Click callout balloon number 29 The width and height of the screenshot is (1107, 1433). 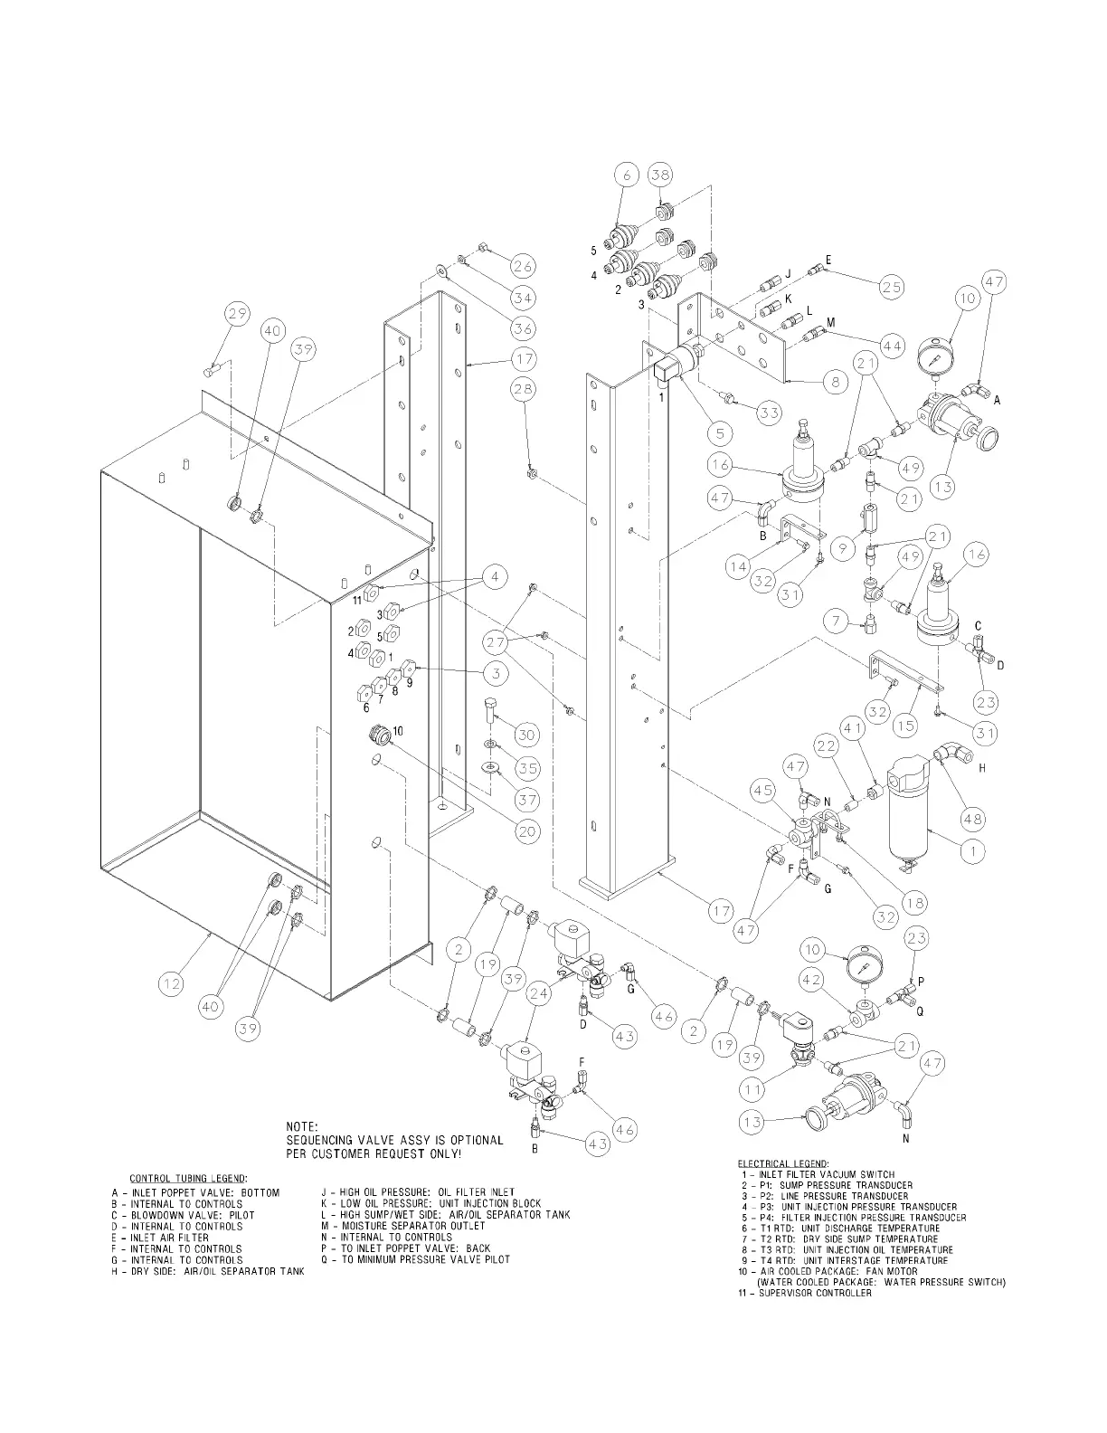(237, 315)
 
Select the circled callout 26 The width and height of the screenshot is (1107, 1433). (523, 266)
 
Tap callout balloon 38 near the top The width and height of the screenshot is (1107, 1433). (660, 177)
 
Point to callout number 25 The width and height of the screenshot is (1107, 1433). (892, 288)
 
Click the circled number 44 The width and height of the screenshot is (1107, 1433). (893, 346)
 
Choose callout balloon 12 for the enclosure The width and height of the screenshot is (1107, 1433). (172, 984)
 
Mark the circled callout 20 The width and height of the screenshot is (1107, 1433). (527, 831)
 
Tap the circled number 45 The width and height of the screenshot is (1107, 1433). (762, 792)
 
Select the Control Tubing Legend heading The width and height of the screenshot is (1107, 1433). (188, 1178)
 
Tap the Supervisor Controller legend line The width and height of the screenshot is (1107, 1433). (806, 1293)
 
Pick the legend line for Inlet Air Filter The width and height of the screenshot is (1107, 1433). (160, 1238)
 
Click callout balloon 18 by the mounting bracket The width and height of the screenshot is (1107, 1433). (916, 902)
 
